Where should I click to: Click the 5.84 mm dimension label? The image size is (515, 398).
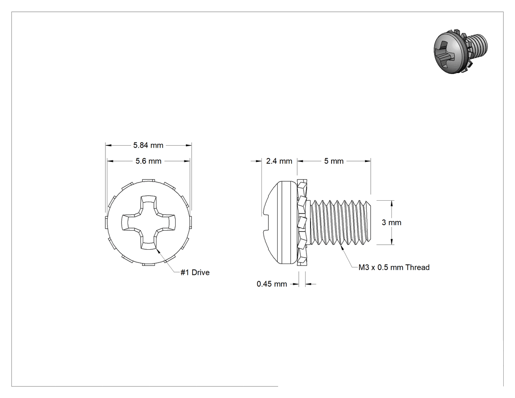[148, 145]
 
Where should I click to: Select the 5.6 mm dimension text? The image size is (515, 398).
[149, 161]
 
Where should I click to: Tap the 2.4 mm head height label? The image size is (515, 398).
[279, 161]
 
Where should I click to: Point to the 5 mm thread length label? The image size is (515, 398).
[334, 161]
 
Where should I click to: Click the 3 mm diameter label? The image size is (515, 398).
[391, 222]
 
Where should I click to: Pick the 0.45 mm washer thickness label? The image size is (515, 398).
[272, 284]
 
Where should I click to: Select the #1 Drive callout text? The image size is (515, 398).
[195, 272]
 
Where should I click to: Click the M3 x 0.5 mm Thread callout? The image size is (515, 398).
[394, 267]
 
